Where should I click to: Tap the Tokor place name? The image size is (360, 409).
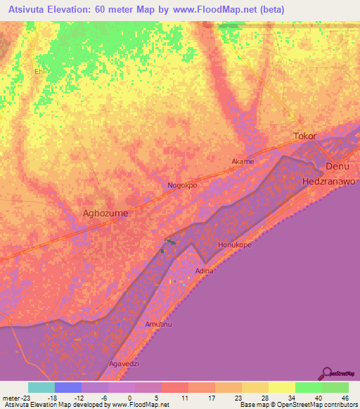pos(304,136)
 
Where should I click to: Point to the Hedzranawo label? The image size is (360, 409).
pos(330,181)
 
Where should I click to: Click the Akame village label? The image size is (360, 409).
pos(243,161)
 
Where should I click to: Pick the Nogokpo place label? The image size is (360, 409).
pos(182,186)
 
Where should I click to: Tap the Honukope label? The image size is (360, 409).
pos(234,245)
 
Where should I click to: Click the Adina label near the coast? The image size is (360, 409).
pos(204,271)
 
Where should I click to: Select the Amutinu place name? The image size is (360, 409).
pos(158,324)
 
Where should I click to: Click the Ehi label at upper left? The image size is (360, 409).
pos(39,71)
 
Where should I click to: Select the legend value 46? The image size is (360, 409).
pos(345,398)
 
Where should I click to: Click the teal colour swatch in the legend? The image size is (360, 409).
pos(41,387)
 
